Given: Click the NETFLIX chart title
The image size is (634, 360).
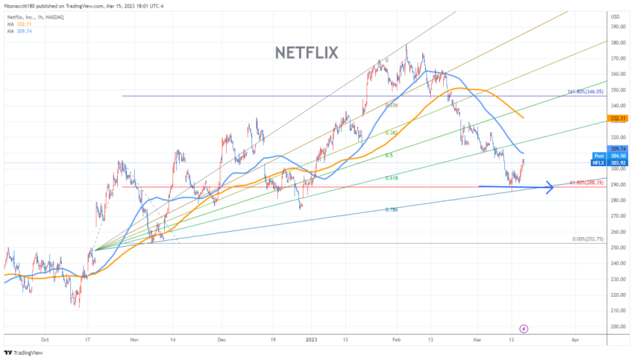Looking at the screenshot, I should click(x=307, y=53).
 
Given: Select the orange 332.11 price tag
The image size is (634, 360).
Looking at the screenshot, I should click(x=617, y=118).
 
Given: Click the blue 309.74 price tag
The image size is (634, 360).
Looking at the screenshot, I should click(x=617, y=148).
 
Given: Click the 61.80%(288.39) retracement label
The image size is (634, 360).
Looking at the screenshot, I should click(x=586, y=183).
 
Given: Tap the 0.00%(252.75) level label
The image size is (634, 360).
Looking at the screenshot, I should click(x=586, y=239).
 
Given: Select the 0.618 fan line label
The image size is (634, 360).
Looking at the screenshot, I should click(x=391, y=178).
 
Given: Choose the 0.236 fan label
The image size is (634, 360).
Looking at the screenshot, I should click(x=391, y=106).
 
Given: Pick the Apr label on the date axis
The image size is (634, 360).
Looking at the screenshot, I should click(x=574, y=338).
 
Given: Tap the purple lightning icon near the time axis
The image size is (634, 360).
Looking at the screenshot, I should click(x=524, y=328).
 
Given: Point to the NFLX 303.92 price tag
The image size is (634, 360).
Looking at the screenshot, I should click(x=617, y=162).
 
